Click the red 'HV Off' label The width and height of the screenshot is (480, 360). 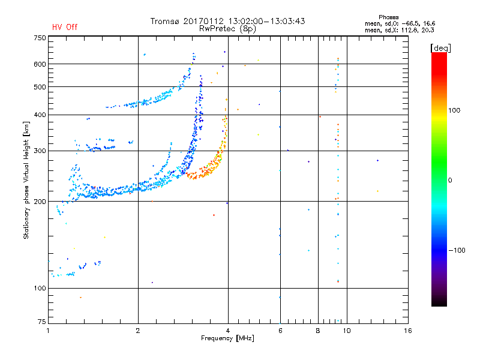(65, 27)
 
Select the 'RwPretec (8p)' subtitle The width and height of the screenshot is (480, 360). (227, 29)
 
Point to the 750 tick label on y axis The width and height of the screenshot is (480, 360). (40, 38)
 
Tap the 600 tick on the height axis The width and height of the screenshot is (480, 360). (40, 64)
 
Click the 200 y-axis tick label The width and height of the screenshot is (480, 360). (40, 202)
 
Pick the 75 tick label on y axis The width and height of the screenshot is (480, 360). (42, 322)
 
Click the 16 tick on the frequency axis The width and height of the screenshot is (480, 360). (408, 331)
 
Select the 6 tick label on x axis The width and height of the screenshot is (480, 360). (280, 331)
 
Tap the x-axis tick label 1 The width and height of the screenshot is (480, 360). (48, 331)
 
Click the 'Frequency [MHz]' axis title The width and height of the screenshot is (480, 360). (227, 338)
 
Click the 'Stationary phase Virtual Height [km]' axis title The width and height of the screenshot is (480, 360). (26, 181)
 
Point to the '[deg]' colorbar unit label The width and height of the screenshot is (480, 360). (440, 48)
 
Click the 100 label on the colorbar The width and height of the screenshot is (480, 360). (454, 110)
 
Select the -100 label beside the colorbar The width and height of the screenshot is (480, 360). (457, 250)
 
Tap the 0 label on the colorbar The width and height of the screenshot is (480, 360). (450, 180)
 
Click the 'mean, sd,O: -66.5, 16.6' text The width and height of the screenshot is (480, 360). (400, 23)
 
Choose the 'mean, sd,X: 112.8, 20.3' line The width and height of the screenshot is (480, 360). (399, 30)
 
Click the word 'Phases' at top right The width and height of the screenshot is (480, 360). (388, 17)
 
